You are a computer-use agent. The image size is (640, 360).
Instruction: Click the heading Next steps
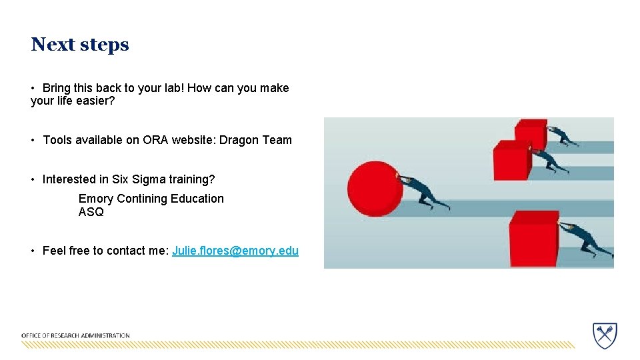tap(79, 45)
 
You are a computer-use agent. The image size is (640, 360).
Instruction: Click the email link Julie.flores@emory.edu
tap(235, 251)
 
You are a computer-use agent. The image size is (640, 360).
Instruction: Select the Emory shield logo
tap(605, 335)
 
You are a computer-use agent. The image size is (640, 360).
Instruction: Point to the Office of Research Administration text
tap(75, 335)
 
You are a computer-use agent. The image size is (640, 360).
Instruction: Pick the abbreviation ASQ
tap(91, 212)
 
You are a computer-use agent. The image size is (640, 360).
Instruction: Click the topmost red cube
tap(531, 133)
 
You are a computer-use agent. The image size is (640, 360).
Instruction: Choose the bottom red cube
tap(533, 238)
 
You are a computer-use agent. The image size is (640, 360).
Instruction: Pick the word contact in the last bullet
tap(123, 251)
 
